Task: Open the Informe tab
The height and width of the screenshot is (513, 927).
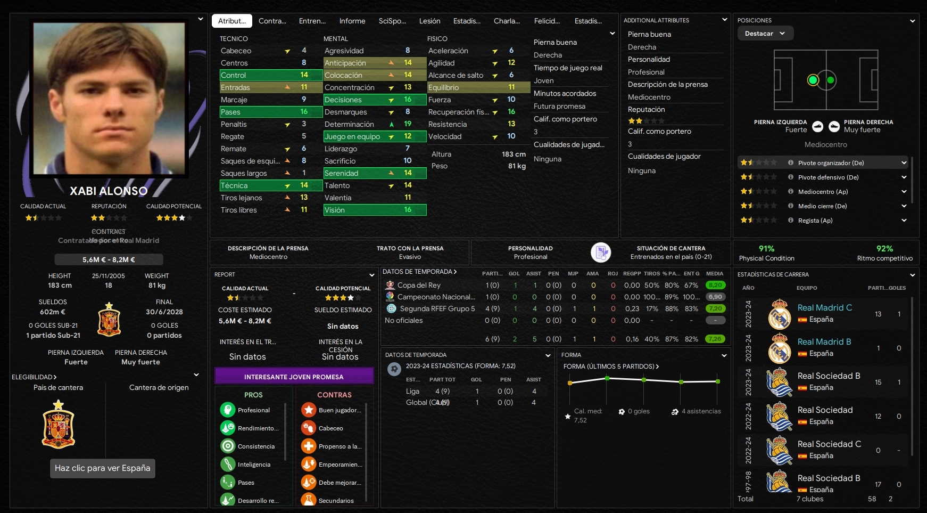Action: (x=352, y=21)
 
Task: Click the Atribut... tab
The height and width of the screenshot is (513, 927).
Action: (x=232, y=21)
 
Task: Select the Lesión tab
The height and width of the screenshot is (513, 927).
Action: (x=429, y=21)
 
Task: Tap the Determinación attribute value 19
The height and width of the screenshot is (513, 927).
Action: (x=408, y=124)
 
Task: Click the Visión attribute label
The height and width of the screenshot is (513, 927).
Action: (x=335, y=210)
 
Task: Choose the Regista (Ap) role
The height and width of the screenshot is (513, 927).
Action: (x=815, y=221)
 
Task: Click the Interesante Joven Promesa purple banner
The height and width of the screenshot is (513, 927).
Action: (x=294, y=377)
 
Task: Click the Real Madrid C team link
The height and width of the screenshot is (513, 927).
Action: (x=824, y=308)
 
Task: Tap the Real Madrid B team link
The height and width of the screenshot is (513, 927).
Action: (x=824, y=342)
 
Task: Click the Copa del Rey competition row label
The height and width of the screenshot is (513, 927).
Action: (x=419, y=286)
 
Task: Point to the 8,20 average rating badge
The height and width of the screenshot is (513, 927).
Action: (x=715, y=286)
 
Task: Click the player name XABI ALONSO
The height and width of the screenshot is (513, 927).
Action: (x=109, y=191)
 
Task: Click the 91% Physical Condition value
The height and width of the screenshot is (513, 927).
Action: (x=766, y=249)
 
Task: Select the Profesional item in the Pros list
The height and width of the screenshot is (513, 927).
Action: (x=253, y=410)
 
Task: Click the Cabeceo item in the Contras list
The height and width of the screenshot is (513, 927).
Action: (x=330, y=428)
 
